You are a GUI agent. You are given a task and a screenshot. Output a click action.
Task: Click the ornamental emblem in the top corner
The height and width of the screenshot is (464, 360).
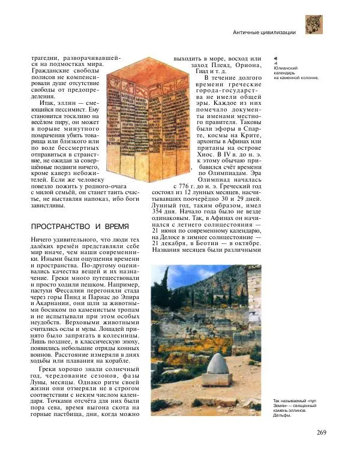click(x=314, y=25)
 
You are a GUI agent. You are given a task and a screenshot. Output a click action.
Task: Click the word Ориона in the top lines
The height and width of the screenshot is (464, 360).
click(x=248, y=65)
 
